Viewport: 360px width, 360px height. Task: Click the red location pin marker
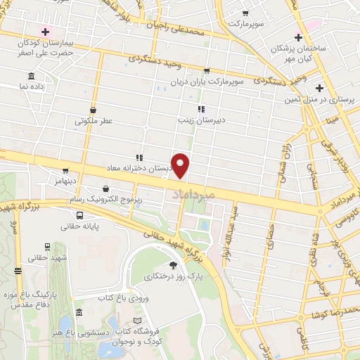pos(181,165)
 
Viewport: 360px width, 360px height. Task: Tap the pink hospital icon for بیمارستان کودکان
pos(46,32)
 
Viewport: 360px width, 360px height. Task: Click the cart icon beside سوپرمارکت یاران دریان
pos(207,71)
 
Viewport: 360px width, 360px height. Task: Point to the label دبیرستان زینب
pos(220,120)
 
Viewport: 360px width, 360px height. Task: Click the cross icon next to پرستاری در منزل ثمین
pos(320,88)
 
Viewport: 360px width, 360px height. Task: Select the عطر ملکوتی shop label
pos(94,121)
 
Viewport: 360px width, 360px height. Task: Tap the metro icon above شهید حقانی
pos(47,247)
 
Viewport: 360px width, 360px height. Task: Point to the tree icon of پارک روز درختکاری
pos(173,265)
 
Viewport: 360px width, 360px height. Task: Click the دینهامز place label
pos(63,181)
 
